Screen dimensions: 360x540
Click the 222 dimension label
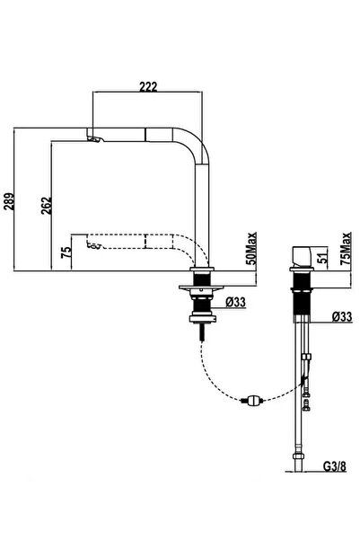click(148, 86)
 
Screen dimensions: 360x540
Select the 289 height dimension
click(9, 201)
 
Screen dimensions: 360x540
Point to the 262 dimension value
click(47, 206)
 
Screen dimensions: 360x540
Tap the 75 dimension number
click(66, 252)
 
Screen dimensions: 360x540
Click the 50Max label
click(252, 249)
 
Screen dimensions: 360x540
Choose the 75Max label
click(346, 249)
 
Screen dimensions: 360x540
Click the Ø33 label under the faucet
click(236, 303)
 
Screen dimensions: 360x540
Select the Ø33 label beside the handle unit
click(342, 317)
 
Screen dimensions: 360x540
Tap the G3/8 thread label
click(335, 466)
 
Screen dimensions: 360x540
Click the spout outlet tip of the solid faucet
click(94, 139)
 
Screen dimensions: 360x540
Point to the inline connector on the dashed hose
click(252, 400)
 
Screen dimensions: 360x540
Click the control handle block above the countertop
click(302, 256)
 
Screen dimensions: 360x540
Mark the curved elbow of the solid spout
click(195, 144)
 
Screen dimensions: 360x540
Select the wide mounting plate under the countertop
click(201, 288)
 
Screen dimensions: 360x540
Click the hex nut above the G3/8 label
click(298, 456)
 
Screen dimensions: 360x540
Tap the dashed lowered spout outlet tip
click(93, 246)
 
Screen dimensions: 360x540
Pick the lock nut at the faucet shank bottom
click(203, 319)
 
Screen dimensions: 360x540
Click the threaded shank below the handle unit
click(302, 303)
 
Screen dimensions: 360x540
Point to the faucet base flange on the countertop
click(202, 269)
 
